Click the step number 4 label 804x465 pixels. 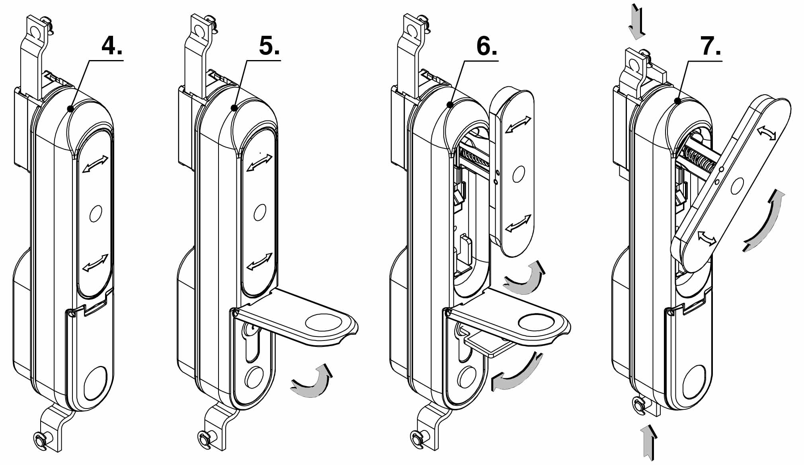point(112,47)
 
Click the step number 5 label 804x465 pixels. point(269,47)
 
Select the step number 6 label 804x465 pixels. point(486,47)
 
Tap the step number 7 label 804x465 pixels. point(711,47)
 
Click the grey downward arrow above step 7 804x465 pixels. point(636,23)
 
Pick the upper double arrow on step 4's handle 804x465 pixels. point(95,164)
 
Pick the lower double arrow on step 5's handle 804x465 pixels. point(260,261)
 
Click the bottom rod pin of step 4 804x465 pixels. point(41,440)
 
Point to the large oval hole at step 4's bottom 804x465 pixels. point(96,383)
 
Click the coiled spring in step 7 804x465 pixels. point(701,159)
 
